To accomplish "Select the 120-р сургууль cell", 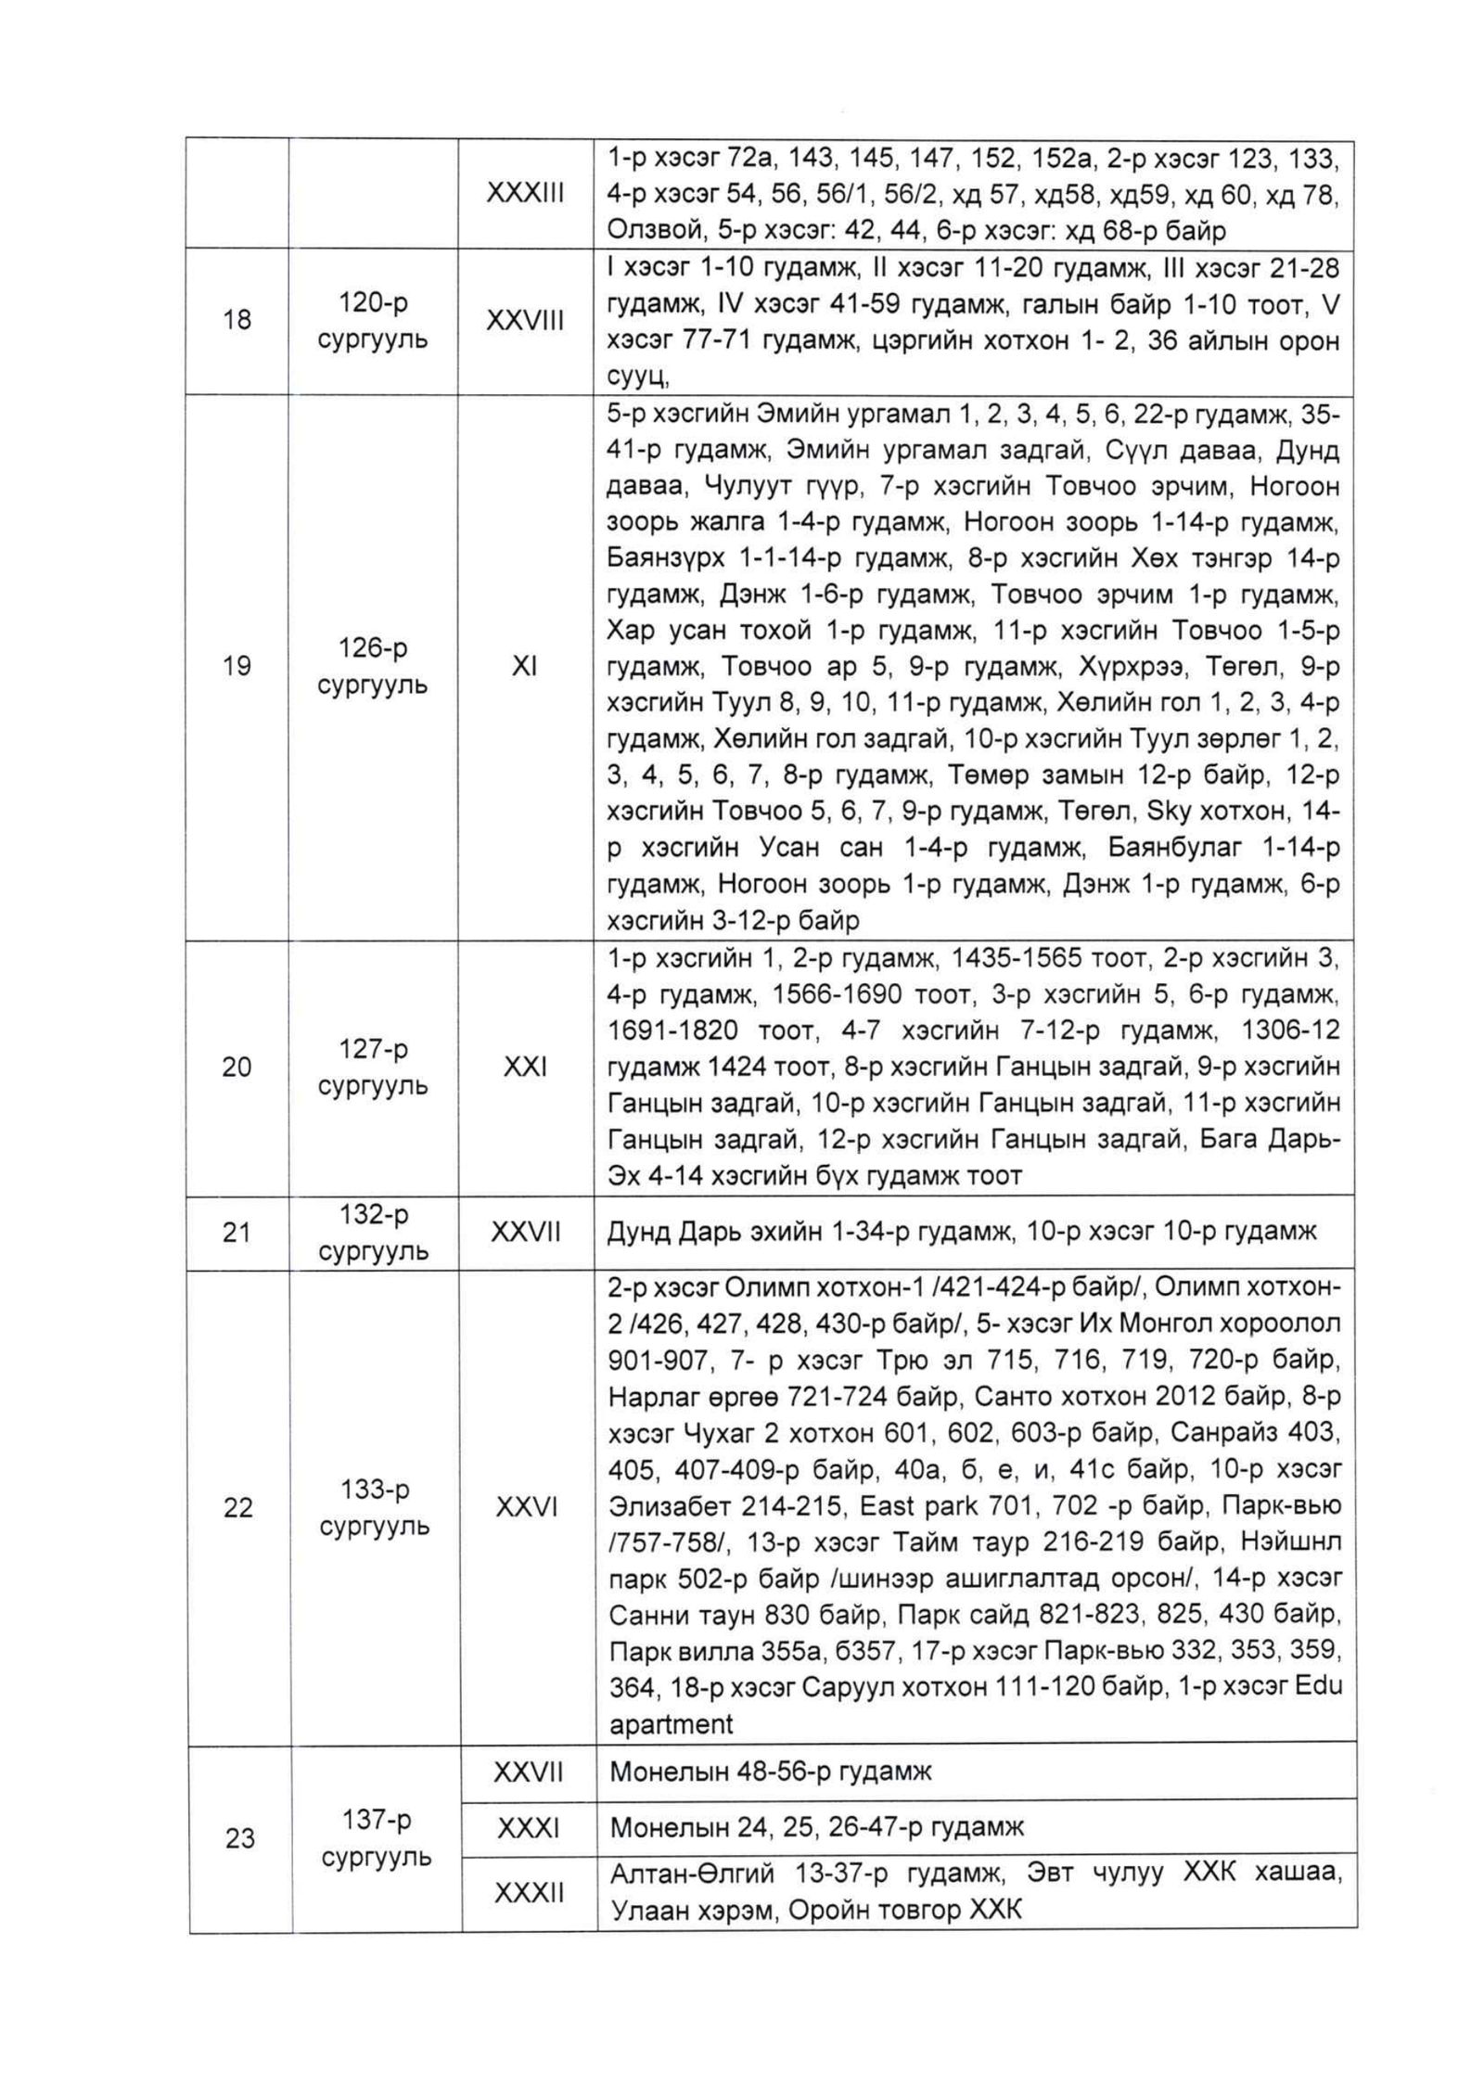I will tap(373, 321).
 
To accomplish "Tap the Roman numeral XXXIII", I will tap(525, 193).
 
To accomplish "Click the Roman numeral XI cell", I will tap(525, 667).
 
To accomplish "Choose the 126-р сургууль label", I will tap(373, 667).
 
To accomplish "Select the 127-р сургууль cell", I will tap(373, 1068).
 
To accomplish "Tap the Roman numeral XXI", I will tap(525, 1068).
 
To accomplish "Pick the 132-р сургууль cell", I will tap(373, 1233).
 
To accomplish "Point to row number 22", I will tap(237, 1508).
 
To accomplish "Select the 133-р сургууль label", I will tap(374, 1508).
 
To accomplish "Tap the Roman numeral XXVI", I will tap(526, 1508).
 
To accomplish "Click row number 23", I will tap(239, 1838).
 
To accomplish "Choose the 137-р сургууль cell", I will tap(375, 1838).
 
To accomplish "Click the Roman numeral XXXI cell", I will tap(528, 1828).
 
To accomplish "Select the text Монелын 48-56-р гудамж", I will tap(770, 1772).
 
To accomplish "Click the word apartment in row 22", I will tap(671, 1724).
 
